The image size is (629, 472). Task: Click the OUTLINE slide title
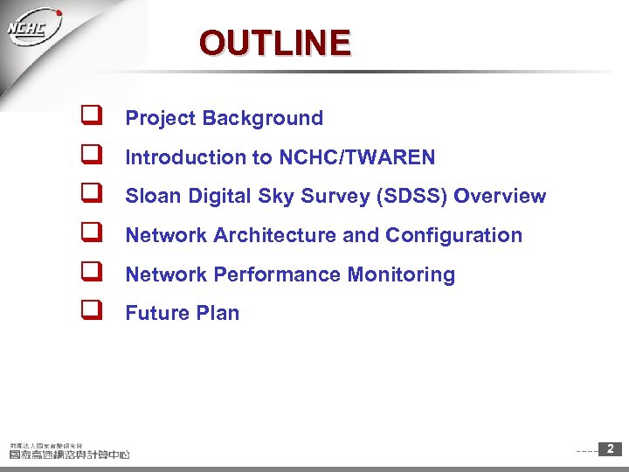[274, 42]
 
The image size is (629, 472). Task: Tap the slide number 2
[610, 449]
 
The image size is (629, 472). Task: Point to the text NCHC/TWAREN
[356, 157]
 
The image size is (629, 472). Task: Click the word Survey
[336, 196]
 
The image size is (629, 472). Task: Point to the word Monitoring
[401, 274]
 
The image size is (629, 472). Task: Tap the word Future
[154, 313]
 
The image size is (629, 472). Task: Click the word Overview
[500, 196]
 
